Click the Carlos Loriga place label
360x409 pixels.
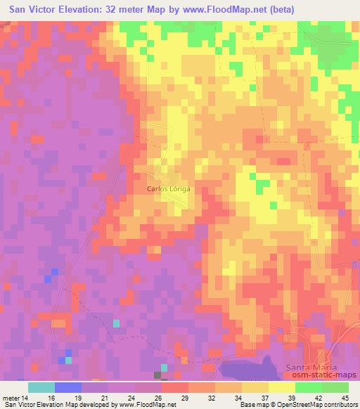[x=169, y=189]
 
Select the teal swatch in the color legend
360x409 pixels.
[x=41, y=387]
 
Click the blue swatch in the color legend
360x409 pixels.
[x=67, y=387]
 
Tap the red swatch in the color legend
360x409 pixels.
[x=174, y=387]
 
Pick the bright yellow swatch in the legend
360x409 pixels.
[x=281, y=387]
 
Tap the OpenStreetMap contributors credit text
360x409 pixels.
[x=313, y=405]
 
